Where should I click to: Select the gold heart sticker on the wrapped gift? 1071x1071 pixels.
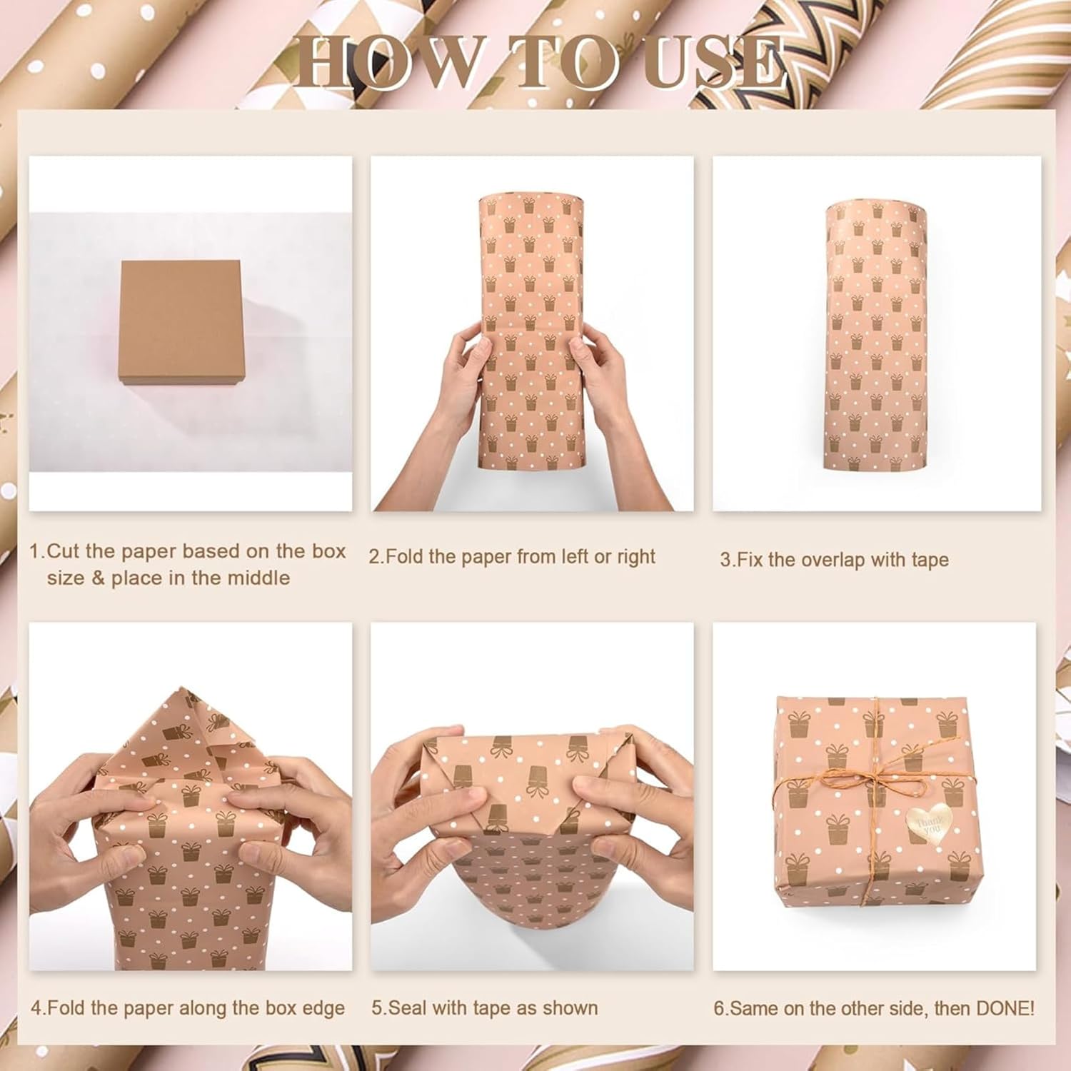(x=929, y=824)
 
